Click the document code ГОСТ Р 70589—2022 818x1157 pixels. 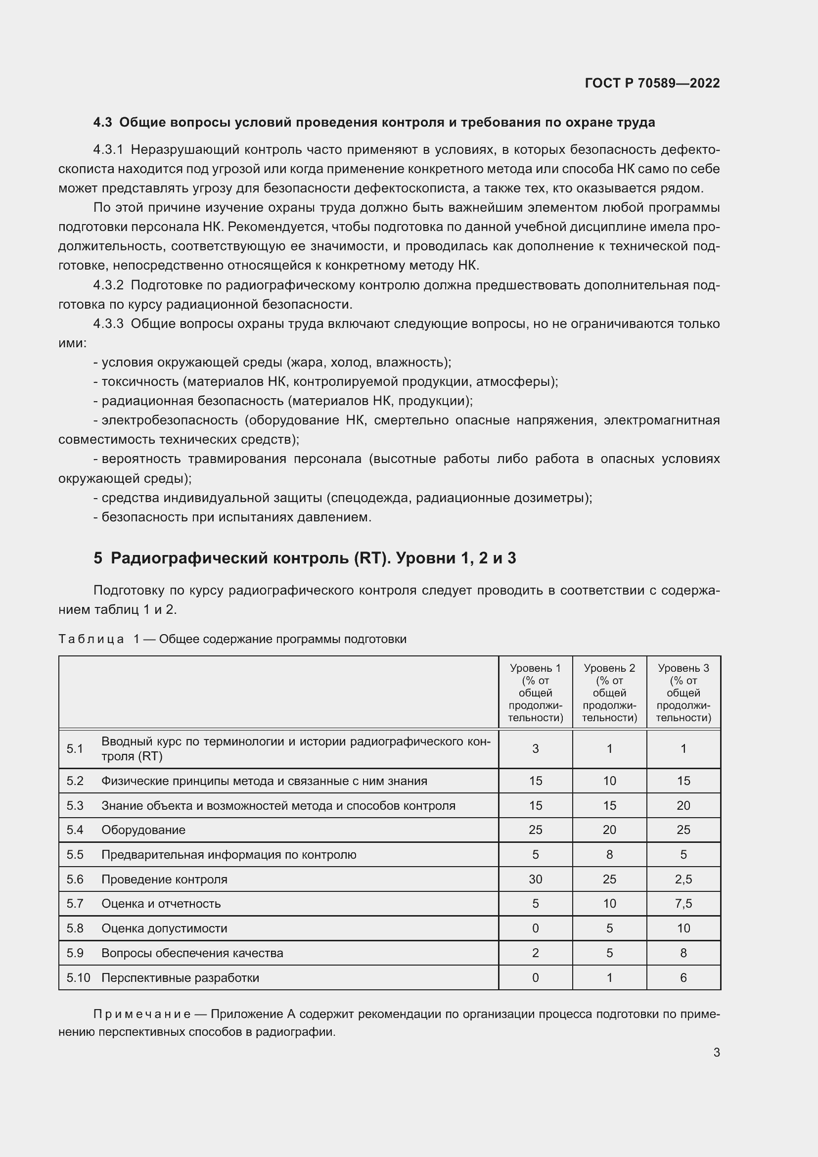pos(652,83)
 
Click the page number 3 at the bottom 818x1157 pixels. pos(716,1052)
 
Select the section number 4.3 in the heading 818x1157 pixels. pos(102,123)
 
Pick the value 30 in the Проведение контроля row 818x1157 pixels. pos(535,879)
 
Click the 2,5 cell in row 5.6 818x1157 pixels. pos(683,879)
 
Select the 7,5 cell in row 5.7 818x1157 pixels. pos(683,904)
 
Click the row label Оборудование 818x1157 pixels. pos(143,830)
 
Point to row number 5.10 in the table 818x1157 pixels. pos(78,977)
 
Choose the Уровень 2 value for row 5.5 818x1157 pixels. pos(609,855)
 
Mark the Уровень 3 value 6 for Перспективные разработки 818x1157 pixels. pos(683,977)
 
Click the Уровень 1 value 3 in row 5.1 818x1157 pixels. pos(535,749)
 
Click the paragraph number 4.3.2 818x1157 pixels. pos(108,285)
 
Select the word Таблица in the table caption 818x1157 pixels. pos(91,639)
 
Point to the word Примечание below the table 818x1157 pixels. pos(141,1014)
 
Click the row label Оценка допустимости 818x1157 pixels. pos(164,928)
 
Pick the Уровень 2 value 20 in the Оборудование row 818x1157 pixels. pos(609,830)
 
